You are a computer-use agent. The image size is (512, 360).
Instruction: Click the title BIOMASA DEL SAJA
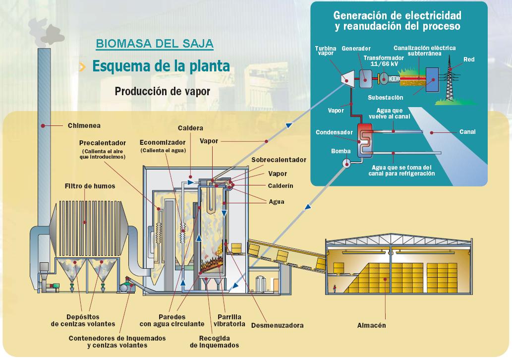[155, 43]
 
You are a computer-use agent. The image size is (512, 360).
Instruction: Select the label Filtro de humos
[90, 186]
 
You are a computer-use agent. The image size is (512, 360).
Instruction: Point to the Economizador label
[163, 142]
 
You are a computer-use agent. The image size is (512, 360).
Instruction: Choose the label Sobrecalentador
[279, 160]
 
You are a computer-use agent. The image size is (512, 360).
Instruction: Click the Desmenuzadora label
[277, 325]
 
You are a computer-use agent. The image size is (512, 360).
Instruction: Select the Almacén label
[371, 325]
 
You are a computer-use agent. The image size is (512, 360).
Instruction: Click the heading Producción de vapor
[162, 92]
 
